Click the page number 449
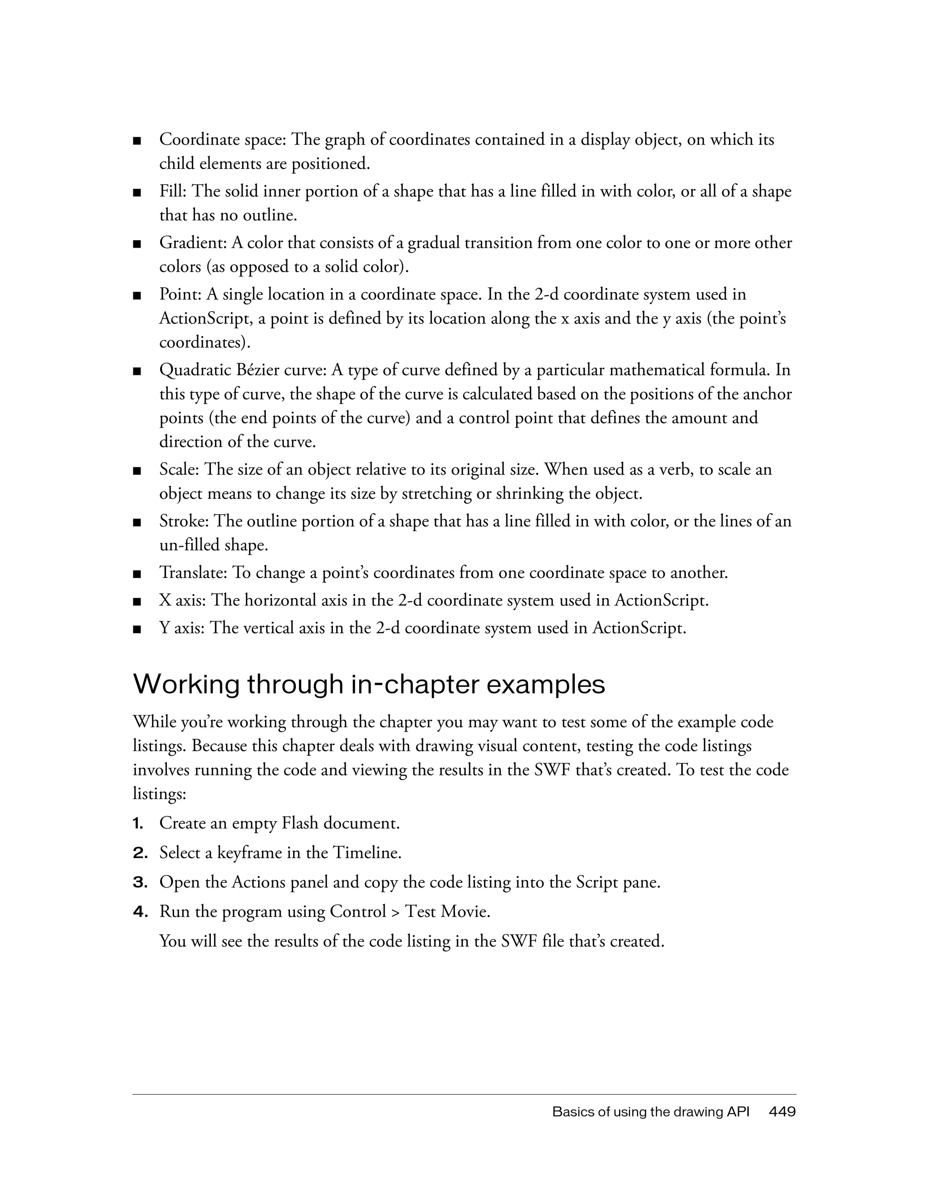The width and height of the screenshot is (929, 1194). (782, 1112)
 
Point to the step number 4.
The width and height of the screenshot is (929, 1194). (140, 912)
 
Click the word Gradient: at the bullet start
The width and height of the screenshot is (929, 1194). (193, 243)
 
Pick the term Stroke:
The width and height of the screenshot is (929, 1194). (184, 521)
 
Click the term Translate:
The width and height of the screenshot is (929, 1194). (194, 573)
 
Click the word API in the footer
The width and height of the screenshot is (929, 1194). (738, 1112)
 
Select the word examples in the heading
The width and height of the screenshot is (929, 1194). (545, 685)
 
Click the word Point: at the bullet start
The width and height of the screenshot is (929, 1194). (181, 295)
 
